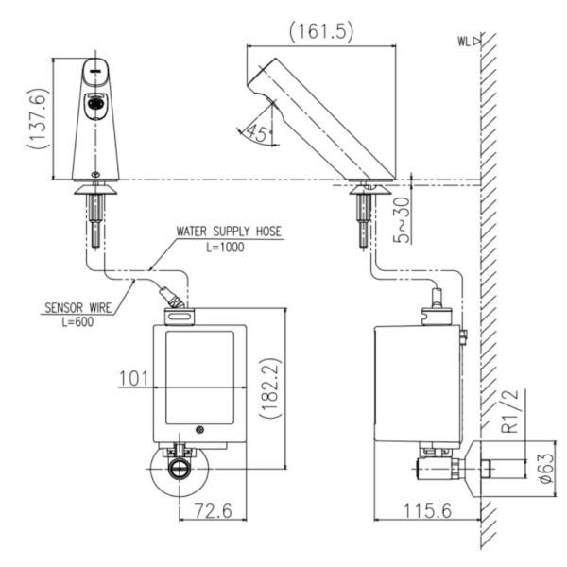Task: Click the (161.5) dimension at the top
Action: pos(321,31)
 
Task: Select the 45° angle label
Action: pos(256,134)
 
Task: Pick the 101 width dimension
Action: pos(135,380)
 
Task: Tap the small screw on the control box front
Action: pos(198,431)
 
